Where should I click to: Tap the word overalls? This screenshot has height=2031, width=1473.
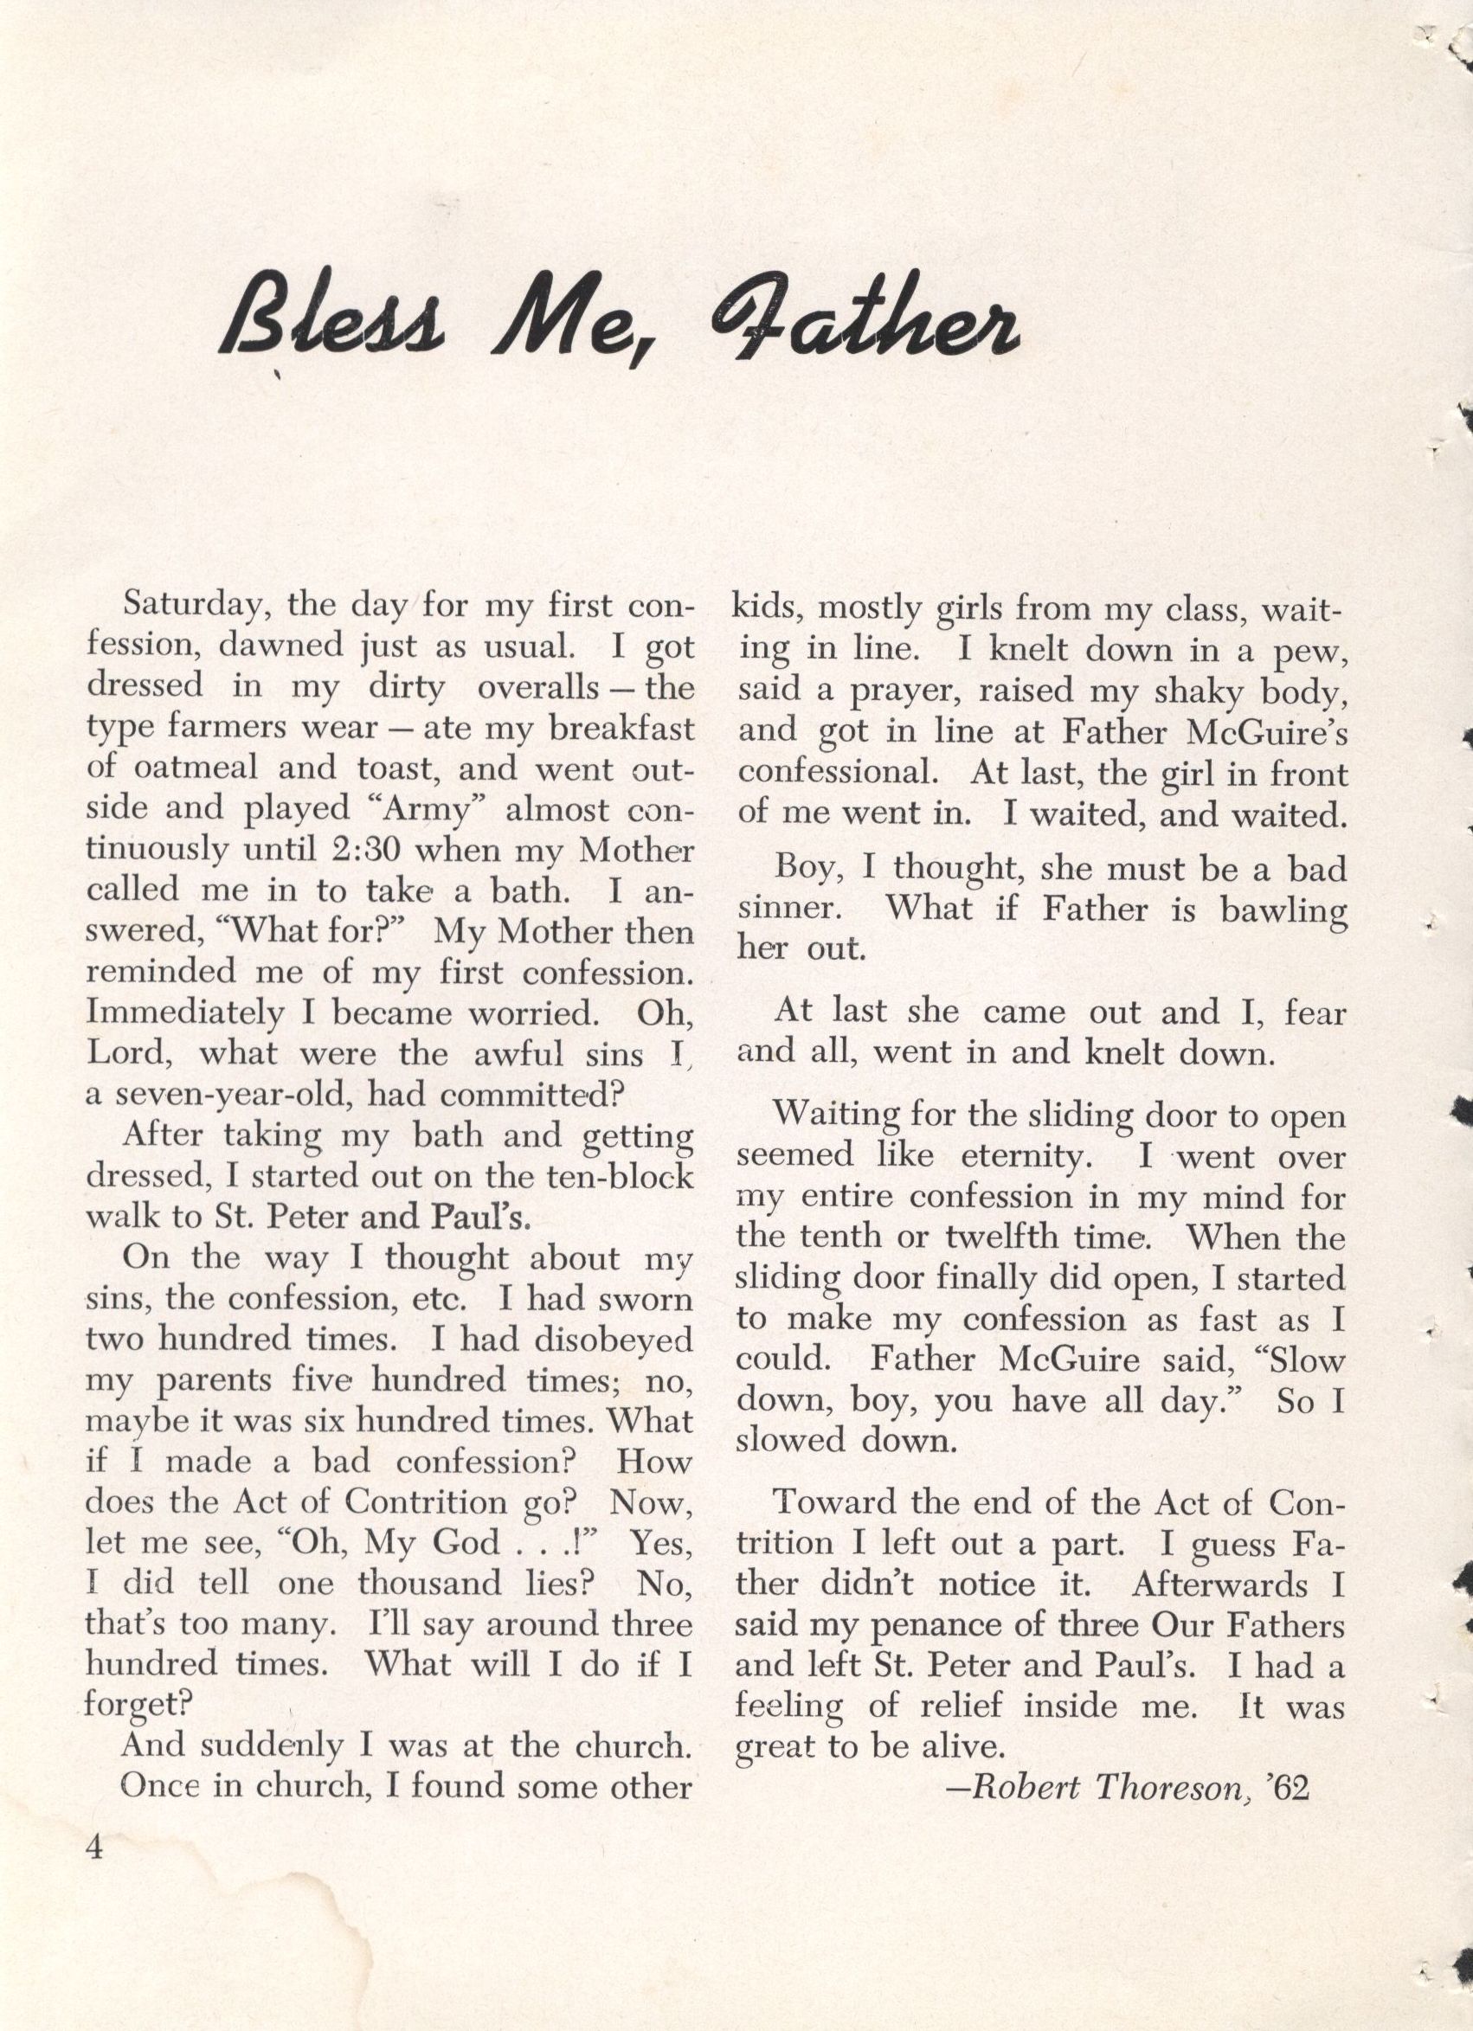[537, 688]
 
